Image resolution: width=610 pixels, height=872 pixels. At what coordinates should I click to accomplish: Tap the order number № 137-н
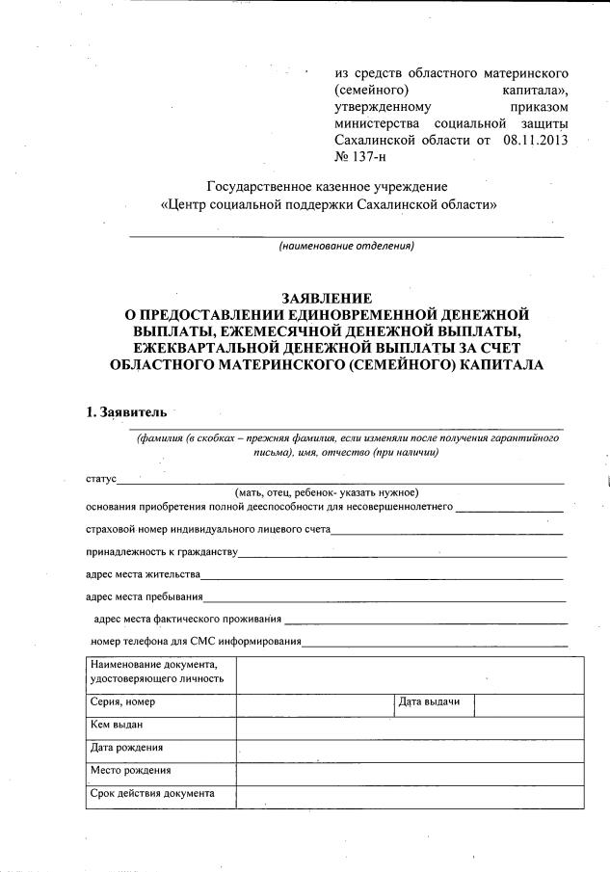(x=359, y=158)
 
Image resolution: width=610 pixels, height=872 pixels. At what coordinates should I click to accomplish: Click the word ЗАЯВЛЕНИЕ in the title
(x=327, y=298)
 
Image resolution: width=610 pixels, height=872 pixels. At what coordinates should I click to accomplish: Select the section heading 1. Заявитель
(x=126, y=412)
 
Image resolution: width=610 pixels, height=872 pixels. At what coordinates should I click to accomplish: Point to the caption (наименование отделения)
(x=346, y=247)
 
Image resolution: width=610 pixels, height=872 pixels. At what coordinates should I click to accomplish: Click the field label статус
(x=100, y=479)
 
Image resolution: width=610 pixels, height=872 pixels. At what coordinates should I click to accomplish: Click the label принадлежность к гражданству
(x=160, y=552)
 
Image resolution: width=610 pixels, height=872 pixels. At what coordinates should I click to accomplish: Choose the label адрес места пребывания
(x=144, y=597)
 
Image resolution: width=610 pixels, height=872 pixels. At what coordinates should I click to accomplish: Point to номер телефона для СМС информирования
(x=197, y=642)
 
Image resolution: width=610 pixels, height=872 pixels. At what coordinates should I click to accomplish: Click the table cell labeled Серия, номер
(x=122, y=702)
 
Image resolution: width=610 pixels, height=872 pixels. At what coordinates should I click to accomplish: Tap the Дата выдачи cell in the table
(x=429, y=702)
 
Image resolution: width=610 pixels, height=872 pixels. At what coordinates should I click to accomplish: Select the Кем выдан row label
(x=117, y=725)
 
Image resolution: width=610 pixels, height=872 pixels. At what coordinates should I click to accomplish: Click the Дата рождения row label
(x=126, y=748)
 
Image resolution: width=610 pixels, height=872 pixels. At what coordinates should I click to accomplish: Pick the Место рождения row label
(x=130, y=771)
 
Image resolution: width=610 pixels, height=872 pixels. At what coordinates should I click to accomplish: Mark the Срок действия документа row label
(x=151, y=794)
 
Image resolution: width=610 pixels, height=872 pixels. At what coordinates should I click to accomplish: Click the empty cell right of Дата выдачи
(x=529, y=704)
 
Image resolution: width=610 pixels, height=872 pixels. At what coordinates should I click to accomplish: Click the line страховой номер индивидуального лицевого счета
(x=208, y=530)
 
